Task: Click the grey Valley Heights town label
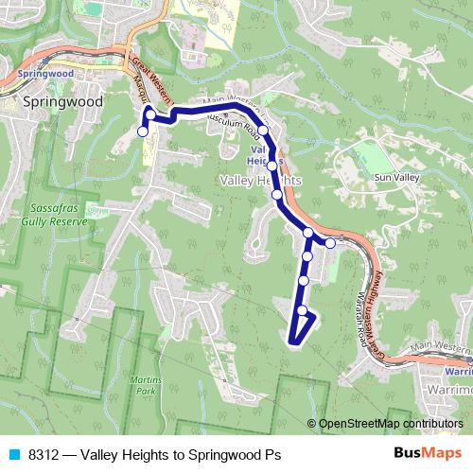pyautogui.click(x=260, y=180)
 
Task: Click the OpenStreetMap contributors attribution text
pyautogui.click(x=390, y=424)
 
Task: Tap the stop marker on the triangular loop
pyautogui.click(x=302, y=310)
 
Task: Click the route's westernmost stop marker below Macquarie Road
pyautogui.click(x=143, y=131)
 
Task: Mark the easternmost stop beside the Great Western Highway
pyautogui.click(x=330, y=243)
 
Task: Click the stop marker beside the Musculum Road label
pyautogui.click(x=263, y=131)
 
